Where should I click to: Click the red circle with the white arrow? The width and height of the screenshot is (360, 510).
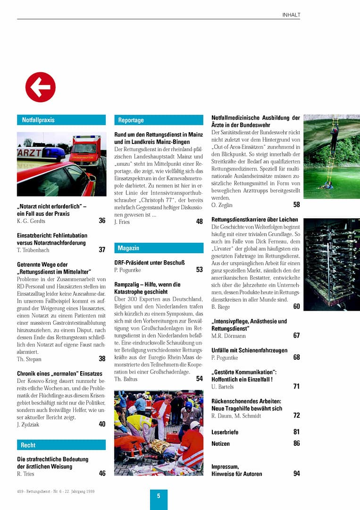point(41,87)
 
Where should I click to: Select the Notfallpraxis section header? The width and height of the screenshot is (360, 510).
point(38,120)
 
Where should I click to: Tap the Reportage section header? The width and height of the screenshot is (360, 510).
point(131,120)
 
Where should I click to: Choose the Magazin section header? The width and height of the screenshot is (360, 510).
point(128,248)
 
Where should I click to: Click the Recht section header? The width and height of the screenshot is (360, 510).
point(28,445)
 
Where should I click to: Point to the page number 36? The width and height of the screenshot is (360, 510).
point(102,221)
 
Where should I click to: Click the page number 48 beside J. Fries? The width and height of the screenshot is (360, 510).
point(200,221)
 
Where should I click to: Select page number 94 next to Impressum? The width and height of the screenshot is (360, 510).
point(296,473)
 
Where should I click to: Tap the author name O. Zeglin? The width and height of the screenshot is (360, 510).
point(222,205)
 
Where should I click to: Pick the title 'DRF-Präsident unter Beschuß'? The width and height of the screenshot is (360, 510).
point(149,263)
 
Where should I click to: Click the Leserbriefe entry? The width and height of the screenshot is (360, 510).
point(225,432)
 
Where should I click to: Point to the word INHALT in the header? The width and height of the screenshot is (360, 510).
point(291,15)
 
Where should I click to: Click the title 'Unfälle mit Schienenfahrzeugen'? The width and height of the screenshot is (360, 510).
point(249,350)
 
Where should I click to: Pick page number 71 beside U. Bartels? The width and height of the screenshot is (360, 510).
point(296,386)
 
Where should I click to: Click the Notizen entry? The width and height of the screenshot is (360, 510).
point(221,444)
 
